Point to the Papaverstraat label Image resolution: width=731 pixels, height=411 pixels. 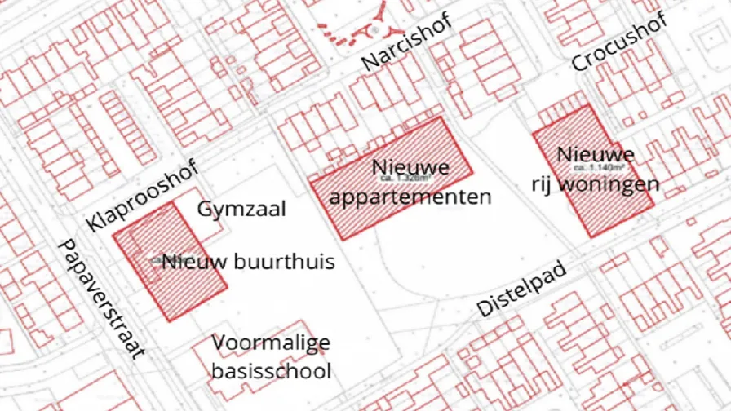tap(101, 299)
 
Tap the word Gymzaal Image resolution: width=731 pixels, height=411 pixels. tap(241, 210)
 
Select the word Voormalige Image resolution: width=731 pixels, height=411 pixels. tap(271, 342)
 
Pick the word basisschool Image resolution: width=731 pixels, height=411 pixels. tap(271, 371)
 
